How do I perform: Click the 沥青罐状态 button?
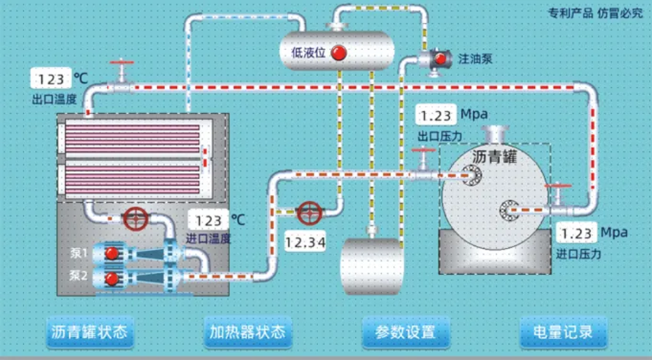click(x=89, y=331)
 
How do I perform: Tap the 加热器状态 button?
click(x=247, y=331)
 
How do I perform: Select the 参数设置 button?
click(x=405, y=331)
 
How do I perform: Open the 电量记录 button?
click(x=563, y=331)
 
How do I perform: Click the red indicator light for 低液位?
click(x=338, y=53)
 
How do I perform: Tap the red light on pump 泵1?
click(x=112, y=253)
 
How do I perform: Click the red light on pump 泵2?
click(x=112, y=278)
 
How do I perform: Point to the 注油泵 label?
click(x=475, y=59)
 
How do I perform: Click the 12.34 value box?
click(x=305, y=243)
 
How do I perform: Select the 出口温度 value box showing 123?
click(x=51, y=80)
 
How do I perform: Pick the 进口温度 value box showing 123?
click(x=208, y=221)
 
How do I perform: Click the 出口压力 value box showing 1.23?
click(x=436, y=116)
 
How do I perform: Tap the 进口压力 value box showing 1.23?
click(x=576, y=233)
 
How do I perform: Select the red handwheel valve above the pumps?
click(x=136, y=218)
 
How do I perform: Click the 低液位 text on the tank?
click(x=308, y=53)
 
